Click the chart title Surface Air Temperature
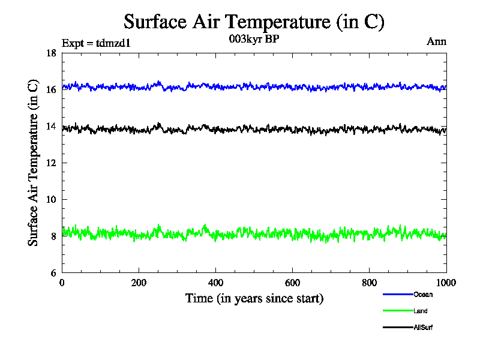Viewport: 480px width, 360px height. point(254,22)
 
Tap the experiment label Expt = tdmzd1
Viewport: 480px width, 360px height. point(96,43)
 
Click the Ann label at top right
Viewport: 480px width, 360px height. point(436,41)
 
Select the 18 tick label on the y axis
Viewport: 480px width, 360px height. point(52,53)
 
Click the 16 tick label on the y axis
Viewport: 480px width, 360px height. point(52,90)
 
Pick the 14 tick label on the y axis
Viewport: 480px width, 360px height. point(52,127)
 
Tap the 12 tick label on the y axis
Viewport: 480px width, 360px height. point(52,163)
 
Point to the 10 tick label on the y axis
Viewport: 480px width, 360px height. point(52,200)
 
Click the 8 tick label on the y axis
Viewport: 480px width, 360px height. point(54,236)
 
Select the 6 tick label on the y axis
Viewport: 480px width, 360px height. point(54,273)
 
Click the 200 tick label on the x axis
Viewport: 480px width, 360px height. point(139,283)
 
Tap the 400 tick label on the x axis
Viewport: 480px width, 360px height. point(215,283)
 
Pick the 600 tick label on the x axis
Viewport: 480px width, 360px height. point(292,283)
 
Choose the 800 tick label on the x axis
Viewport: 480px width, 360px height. point(369,283)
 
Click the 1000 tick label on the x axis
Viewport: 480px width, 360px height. point(445,283)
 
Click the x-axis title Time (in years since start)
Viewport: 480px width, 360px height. point(254,298)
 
